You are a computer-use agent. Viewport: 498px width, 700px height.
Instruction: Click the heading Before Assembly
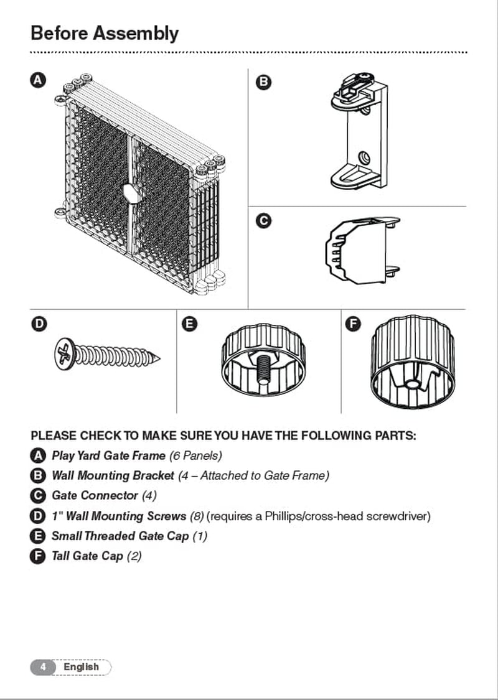(x=105, y=33)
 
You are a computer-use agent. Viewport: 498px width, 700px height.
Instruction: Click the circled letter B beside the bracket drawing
(x=263, y=82)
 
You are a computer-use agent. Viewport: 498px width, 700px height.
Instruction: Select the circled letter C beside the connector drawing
(x=263, y=221)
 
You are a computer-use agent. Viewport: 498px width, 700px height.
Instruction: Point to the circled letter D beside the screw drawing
(x=38, y=324)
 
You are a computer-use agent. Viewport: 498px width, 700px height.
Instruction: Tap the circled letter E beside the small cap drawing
(x=190, y=324)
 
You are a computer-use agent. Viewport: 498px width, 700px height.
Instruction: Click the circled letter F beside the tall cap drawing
(x=353, y=324)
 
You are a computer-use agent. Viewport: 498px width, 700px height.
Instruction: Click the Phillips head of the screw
(x=64, y=355)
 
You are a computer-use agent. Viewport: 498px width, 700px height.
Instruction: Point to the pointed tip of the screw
(x=157, y=358)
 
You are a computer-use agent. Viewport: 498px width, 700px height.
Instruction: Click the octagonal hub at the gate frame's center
(x=133, y=193)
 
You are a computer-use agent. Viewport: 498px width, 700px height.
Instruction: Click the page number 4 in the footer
(x=42, y=667)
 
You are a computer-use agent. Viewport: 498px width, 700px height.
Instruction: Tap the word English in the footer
(x=81, y=667)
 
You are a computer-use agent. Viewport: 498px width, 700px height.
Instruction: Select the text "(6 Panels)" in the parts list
(x=195, y=455)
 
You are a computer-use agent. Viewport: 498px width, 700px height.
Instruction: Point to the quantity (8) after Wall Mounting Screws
(x=195, y=516)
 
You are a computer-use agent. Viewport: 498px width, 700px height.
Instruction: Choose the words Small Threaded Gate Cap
(x=120, y=536)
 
